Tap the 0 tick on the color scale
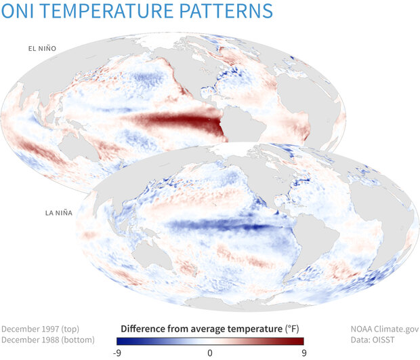[x=209, y=353]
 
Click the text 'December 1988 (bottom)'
[x=48, y=340]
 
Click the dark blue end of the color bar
[x=121, y=341]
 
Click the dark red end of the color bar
[x=300, y=341]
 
